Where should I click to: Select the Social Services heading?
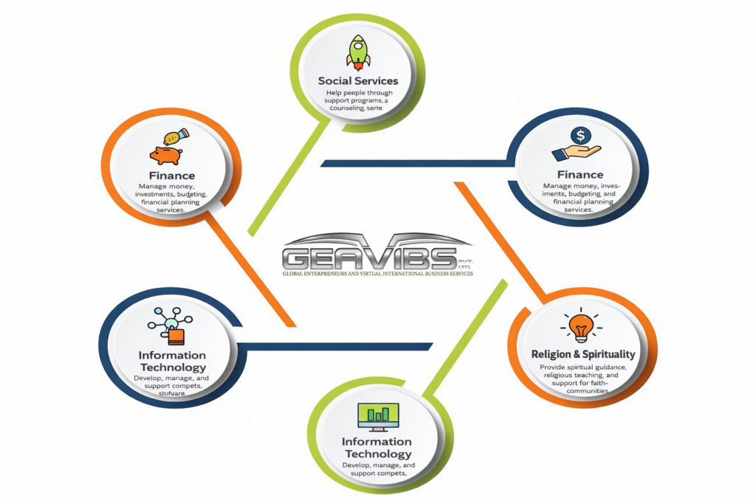pos(358,80)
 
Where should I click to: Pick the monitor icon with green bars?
pos(377,416)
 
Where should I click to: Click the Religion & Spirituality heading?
pos(583,354)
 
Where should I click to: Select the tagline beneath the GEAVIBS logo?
pos(377,273)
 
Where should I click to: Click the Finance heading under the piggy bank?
pos(172,176)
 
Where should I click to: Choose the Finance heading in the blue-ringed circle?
pos(580,175)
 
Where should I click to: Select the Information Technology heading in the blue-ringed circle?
pos(172,362)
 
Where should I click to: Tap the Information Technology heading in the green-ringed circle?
pos(377,448)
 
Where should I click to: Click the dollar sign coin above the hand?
pos(581,136)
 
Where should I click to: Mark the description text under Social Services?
pos(358,100)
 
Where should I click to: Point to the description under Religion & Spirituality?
pos(583,379)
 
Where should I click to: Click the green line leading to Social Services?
pos(288,177)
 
